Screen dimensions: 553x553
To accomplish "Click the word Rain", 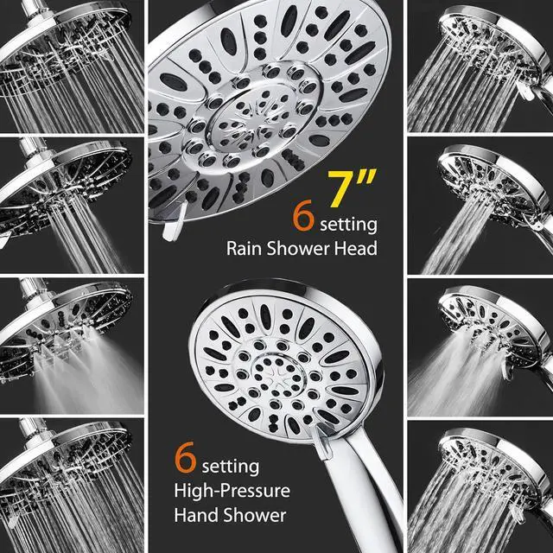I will pos(246,249).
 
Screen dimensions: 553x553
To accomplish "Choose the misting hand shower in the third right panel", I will pos(488,315).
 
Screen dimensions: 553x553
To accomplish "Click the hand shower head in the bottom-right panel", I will pos(488,454).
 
